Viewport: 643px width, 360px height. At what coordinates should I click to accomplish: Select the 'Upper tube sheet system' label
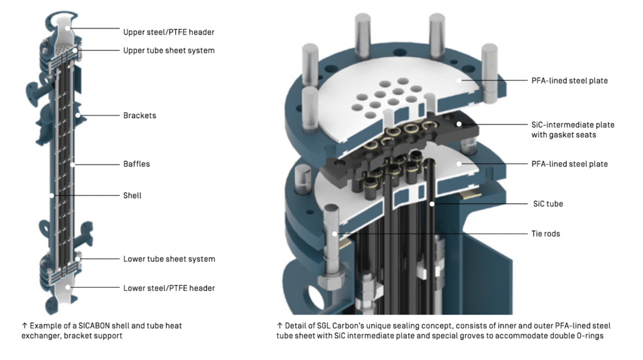point(169,50)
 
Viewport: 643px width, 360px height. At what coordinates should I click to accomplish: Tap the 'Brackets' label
point(139,116)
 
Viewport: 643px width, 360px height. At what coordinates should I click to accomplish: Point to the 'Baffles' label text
point(136,164)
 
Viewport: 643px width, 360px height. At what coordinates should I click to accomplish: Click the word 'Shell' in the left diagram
point(132,195)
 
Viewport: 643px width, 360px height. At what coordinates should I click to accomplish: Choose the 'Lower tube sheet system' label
point(169,259)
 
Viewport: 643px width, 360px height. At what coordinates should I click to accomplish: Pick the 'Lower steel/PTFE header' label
point(169,288)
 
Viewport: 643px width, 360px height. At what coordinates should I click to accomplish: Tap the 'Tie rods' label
point(545,234)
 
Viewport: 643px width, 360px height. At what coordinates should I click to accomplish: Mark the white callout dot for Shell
point(52,195)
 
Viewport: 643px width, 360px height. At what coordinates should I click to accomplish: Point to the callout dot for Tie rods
point(336,234)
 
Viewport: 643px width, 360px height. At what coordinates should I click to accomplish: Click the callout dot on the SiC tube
point(433,204)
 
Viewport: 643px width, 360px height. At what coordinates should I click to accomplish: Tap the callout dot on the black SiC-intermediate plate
point(460,124)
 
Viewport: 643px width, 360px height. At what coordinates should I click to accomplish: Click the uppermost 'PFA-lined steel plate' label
point(569,80)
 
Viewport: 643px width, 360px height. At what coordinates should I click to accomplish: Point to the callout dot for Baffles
point(73,164)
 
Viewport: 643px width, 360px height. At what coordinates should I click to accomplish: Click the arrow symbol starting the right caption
point(279,325)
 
